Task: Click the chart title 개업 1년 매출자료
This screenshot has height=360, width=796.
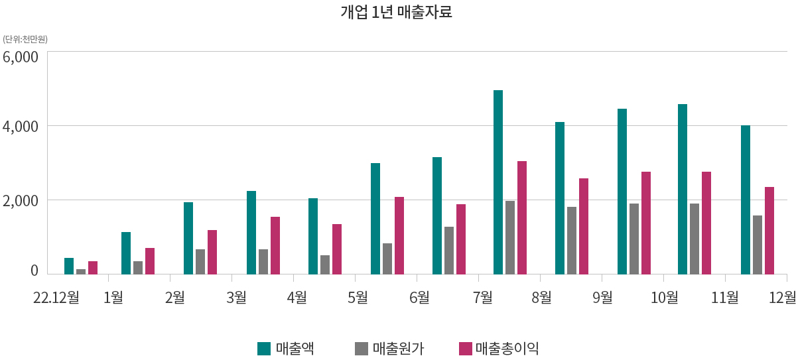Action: (x=396, y=12)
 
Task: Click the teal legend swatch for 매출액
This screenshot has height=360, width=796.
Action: (x=264, y=348)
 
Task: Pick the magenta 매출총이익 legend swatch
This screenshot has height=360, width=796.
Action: (x=466, y=348)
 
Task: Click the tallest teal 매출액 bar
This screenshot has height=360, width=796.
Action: (x=498, y=182)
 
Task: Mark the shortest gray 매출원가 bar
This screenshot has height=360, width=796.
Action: (x=81, y=271)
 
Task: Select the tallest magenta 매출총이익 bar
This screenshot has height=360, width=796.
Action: (x=522, y=217)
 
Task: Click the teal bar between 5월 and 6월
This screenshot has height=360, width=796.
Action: (x=375, y=219)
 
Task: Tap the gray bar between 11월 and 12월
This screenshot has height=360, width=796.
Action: (x=758, y=245)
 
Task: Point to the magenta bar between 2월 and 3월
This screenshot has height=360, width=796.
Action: (x=212, y=252)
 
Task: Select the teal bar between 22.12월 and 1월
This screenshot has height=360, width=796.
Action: (x=69, y=266)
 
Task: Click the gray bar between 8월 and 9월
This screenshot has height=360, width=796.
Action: (x=572, y=240)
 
